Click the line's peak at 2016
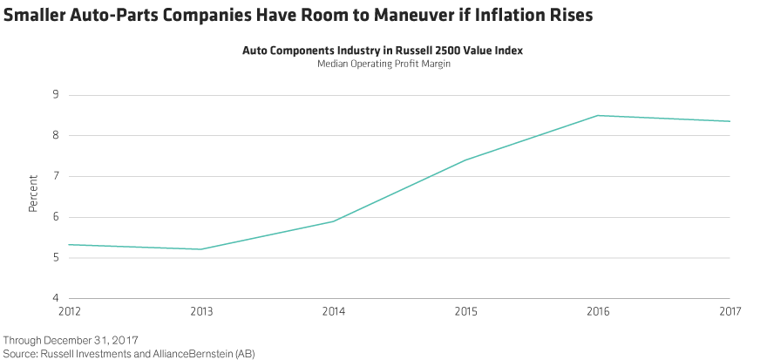click(x=598, y=115)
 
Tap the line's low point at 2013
click(x=200, y=249)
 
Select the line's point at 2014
click(x=333, y=221)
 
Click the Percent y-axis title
click(x=33, y=196)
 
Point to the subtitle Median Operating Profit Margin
click(x=382, y=64)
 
